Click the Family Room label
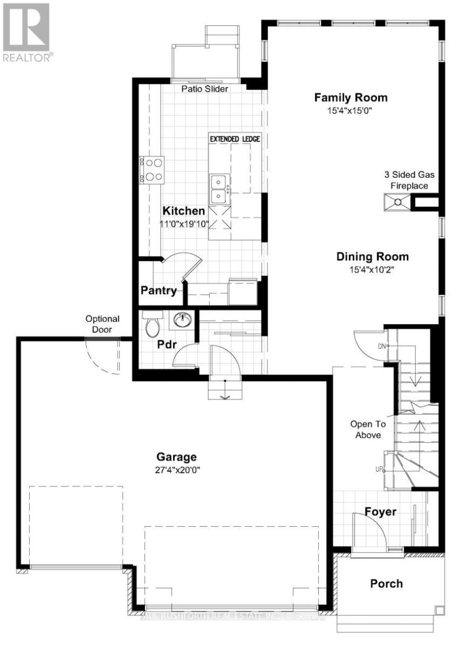click(351, 98)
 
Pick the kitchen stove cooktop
click(152, 170)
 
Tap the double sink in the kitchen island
click(218, 188)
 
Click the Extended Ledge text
click(235, 139)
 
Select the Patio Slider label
click(204, 89)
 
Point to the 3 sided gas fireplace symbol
click(398, 203)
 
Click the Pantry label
click(159, 291)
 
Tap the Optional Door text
click(102, 323)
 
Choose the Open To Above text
click(366, 429)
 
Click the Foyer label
click(380, 511)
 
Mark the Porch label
click(386, 583)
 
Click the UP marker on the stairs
click(379, 470)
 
